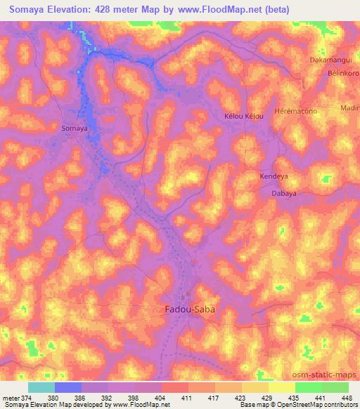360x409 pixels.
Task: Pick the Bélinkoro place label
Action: tap(340, 73)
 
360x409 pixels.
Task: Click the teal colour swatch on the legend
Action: tap(41, 387)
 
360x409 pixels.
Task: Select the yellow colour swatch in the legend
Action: tap(282, 387)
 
